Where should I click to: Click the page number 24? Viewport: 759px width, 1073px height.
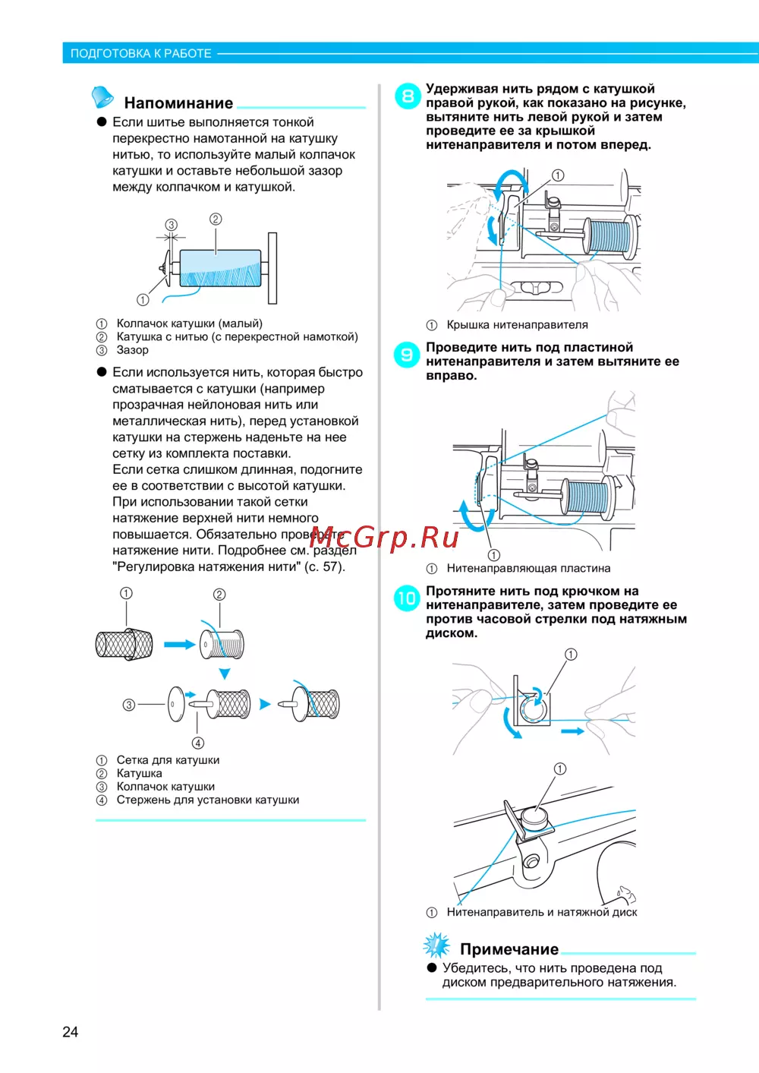pos(70,1031)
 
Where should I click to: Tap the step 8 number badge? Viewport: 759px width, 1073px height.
pos(408,96)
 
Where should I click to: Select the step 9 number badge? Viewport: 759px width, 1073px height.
pos(407,355)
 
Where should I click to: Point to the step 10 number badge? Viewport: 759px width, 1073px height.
pos(407,598)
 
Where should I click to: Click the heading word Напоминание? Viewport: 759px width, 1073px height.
pos(178,103)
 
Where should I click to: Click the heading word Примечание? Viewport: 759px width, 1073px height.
pos(509,949)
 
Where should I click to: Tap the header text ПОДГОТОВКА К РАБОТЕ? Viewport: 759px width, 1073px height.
pos(141,54)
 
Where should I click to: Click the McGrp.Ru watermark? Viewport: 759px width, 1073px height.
pos(384,537)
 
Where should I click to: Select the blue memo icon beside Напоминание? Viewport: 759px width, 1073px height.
pos(102,97)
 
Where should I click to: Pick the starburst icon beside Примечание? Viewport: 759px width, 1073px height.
pos(436,945)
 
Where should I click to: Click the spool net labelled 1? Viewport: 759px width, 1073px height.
pos(124,645)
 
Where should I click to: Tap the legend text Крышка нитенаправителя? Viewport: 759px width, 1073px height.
pos(517,325)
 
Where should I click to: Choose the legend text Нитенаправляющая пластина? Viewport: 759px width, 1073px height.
pos(528,568)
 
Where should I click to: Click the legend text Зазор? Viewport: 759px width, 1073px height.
pos(132,350)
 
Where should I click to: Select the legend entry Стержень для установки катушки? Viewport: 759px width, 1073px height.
pos(207,800)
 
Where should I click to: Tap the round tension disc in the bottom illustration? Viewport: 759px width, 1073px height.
pos(534,818)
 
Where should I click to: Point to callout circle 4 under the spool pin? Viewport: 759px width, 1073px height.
pos(197,743)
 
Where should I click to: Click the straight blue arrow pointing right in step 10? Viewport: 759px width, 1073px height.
pos(572,731)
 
